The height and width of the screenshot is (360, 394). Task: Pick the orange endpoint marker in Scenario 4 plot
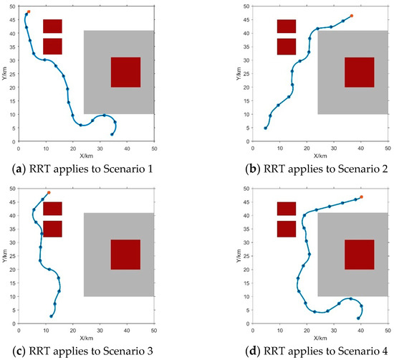click(361, 196)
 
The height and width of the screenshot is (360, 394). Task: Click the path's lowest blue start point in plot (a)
click(112, 134)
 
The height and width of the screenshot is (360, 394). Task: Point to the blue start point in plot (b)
click(266, 128)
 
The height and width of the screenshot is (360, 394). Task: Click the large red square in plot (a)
click(125, 72)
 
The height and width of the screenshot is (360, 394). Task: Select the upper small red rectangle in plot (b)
click(287, 26)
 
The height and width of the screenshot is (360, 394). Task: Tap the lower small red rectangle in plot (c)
click(52, 229)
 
